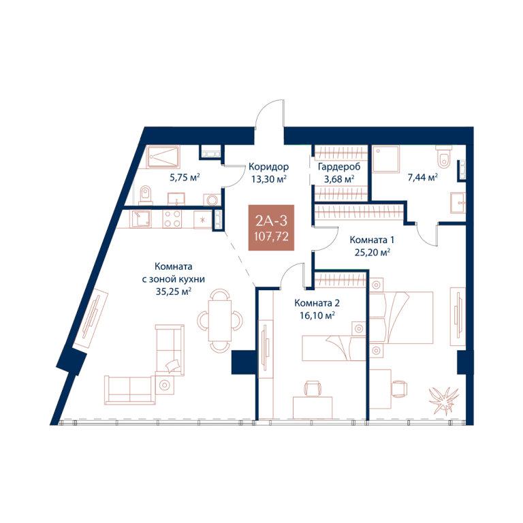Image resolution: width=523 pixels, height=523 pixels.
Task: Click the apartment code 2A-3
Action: (x=271, y=221)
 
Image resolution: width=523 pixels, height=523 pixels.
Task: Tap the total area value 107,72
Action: (x=271, y=236)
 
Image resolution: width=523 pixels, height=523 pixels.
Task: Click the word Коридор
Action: (x=268, y=166)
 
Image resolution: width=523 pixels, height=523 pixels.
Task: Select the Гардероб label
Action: (x=339, y=166)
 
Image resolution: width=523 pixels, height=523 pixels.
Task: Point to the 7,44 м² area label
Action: (x=423, y=178)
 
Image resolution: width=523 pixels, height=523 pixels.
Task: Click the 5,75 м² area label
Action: (x=185, y=177)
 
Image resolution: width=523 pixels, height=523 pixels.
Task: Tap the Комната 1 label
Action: (x=372, y=240)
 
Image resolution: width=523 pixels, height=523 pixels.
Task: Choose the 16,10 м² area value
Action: (x=317, y=315)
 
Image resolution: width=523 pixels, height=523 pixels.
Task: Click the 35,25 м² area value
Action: (x=174, y=291)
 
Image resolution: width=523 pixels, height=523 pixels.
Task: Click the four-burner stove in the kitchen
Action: (x=172, y=219)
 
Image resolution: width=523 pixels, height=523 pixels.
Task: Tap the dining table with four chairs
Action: (x=220, y=320)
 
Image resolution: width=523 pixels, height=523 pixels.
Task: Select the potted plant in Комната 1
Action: (x=443, y=400)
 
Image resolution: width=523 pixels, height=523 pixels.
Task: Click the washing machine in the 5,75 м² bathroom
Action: (x=212, y=200)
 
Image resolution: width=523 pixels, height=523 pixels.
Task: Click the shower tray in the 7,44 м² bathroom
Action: (x=386, y=159)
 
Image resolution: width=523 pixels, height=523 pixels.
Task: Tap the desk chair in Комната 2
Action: (x=313, y=388)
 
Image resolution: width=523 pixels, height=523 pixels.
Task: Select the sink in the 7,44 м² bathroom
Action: (x=458, y=202)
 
